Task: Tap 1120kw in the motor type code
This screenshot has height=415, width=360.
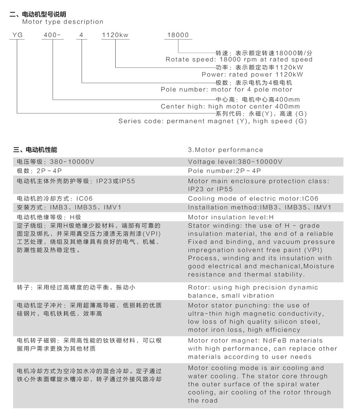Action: click(116, 35)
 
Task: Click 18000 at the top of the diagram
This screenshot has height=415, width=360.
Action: click(178, 35)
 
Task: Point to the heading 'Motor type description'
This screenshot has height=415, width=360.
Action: click(62, 22)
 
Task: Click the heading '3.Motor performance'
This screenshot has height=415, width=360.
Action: click(225, 150)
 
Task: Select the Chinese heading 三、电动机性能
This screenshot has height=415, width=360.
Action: click(35, 150)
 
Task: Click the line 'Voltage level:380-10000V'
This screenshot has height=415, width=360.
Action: click(235, 161)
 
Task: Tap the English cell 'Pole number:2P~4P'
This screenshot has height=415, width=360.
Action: click(225, 170)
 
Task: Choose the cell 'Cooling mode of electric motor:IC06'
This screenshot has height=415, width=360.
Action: click(253, 199)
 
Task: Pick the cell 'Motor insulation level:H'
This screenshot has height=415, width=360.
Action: click(229, 217)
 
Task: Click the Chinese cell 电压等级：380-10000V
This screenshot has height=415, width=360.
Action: click(56, 161)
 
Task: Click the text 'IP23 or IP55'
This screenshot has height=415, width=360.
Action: click(210, 189)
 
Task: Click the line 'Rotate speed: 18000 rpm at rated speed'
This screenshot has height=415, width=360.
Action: click(239, 60)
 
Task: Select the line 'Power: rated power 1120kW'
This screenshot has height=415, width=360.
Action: click(252, 75)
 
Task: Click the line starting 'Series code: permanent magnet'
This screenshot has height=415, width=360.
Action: click(212, 121)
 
